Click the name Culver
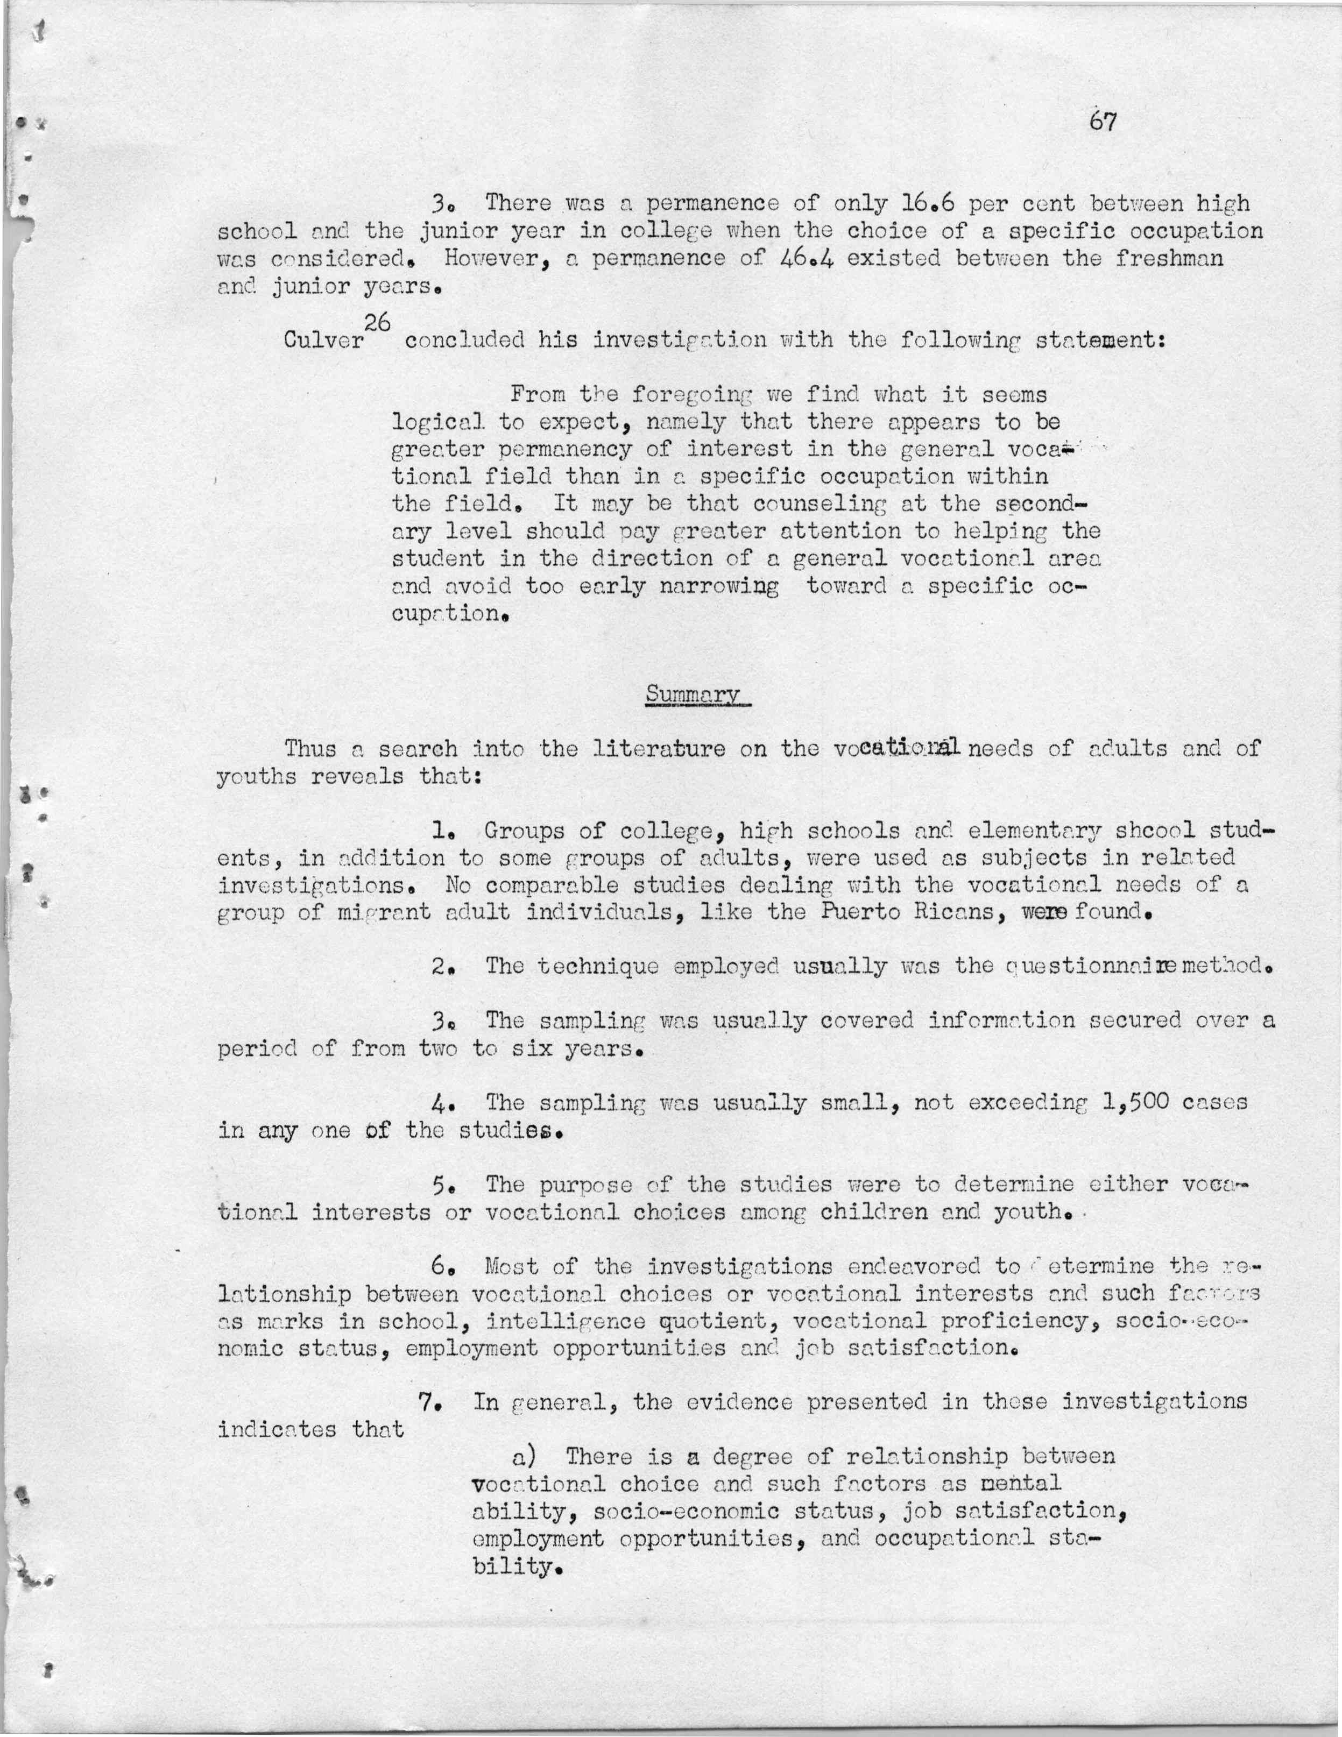323,342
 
